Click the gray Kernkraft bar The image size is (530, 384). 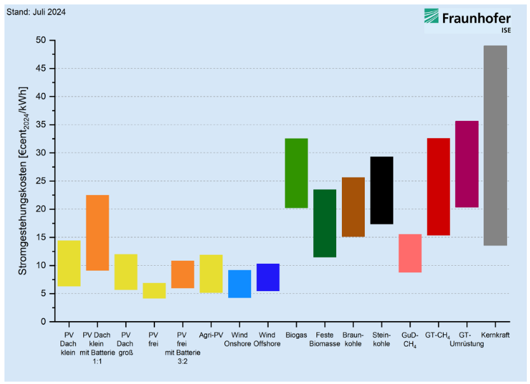[495, 146]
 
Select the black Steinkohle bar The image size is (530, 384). [381, 190]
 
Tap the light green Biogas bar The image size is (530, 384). [296, 173]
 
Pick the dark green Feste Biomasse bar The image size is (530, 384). [325, 223]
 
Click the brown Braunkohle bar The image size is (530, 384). [353, 207]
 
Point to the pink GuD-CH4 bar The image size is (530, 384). [410, 253]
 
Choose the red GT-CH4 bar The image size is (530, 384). [438, 186]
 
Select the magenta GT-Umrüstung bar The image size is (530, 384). [467, 164]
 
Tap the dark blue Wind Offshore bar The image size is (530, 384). [268, 277]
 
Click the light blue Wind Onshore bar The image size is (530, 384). [240, 284]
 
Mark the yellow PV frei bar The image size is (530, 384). [154, 291]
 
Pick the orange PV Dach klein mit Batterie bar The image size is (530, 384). [97, 233]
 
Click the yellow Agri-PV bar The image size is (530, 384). [211, 273]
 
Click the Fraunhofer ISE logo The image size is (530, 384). [468, 20]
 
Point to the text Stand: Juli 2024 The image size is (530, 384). [36, 11]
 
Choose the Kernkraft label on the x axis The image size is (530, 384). [495, 334]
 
